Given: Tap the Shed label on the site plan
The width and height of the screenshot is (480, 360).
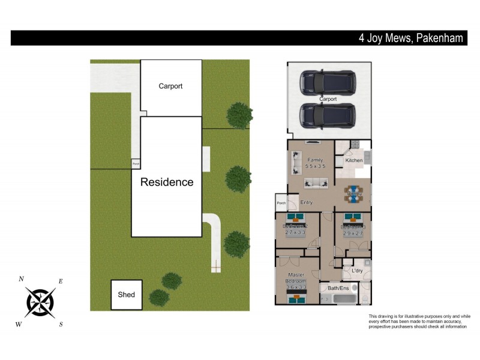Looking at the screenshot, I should pyautogui.click(x=126, y=295).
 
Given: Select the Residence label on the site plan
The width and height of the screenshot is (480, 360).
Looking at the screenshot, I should pyautogui.click(x=167, y=182).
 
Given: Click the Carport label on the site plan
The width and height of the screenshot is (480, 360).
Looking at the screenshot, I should pyautogui.click(x=170, y=86).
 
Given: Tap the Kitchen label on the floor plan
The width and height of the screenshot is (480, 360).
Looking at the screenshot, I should pyautogui.click(x=353, y=161).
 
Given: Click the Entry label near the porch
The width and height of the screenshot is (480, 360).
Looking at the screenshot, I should pyautogui.click(x=307, y=203).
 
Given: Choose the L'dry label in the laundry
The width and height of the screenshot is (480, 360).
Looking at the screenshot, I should pyautogui.click(x=357, y=271).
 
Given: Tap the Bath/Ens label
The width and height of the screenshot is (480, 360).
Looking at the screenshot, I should pyautogui.click(x=337, y=289).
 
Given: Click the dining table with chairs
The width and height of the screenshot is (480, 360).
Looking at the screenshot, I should pyautogui.click(x=353, y=193).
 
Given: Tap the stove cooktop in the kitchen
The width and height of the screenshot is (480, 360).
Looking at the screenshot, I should pyautogui.click(x=355, y=144).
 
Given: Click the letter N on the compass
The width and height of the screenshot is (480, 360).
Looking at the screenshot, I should pyautogui.click(x=22, y=279).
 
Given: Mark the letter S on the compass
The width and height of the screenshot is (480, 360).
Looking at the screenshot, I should pyautogui.click(x=61, y=325).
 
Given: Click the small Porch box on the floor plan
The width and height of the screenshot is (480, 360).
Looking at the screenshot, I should pyautogui.click(x=281, y=203).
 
